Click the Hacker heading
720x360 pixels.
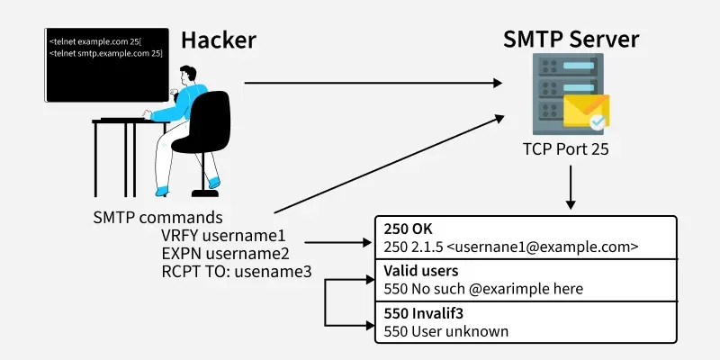pyautogui.click(x=219, y=40)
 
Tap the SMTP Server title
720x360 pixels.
pyautogui.click(x=571, y=40)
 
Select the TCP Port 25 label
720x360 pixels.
pyautogui.click(x=567, y=150)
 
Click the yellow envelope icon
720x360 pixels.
pyautogui.click(x=584, y=113)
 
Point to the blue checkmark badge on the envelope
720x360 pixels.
pyautogui.click(x=597, y=122)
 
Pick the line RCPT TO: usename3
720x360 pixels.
pyautogui.click(x=236, y=270)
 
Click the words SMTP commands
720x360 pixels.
pyautogui.click(x=157, y=218)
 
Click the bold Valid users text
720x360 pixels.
pyautogui.click(x=421, y=271)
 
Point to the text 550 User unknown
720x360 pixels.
pyautogui.click(x=445, y=330)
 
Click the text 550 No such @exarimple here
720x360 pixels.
pyautogui.click(x=483, y=288)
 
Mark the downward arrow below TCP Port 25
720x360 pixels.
pyautogui.click(x=570, y=189)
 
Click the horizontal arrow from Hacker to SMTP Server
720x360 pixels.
pyautogui.click(x=373, y=84)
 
